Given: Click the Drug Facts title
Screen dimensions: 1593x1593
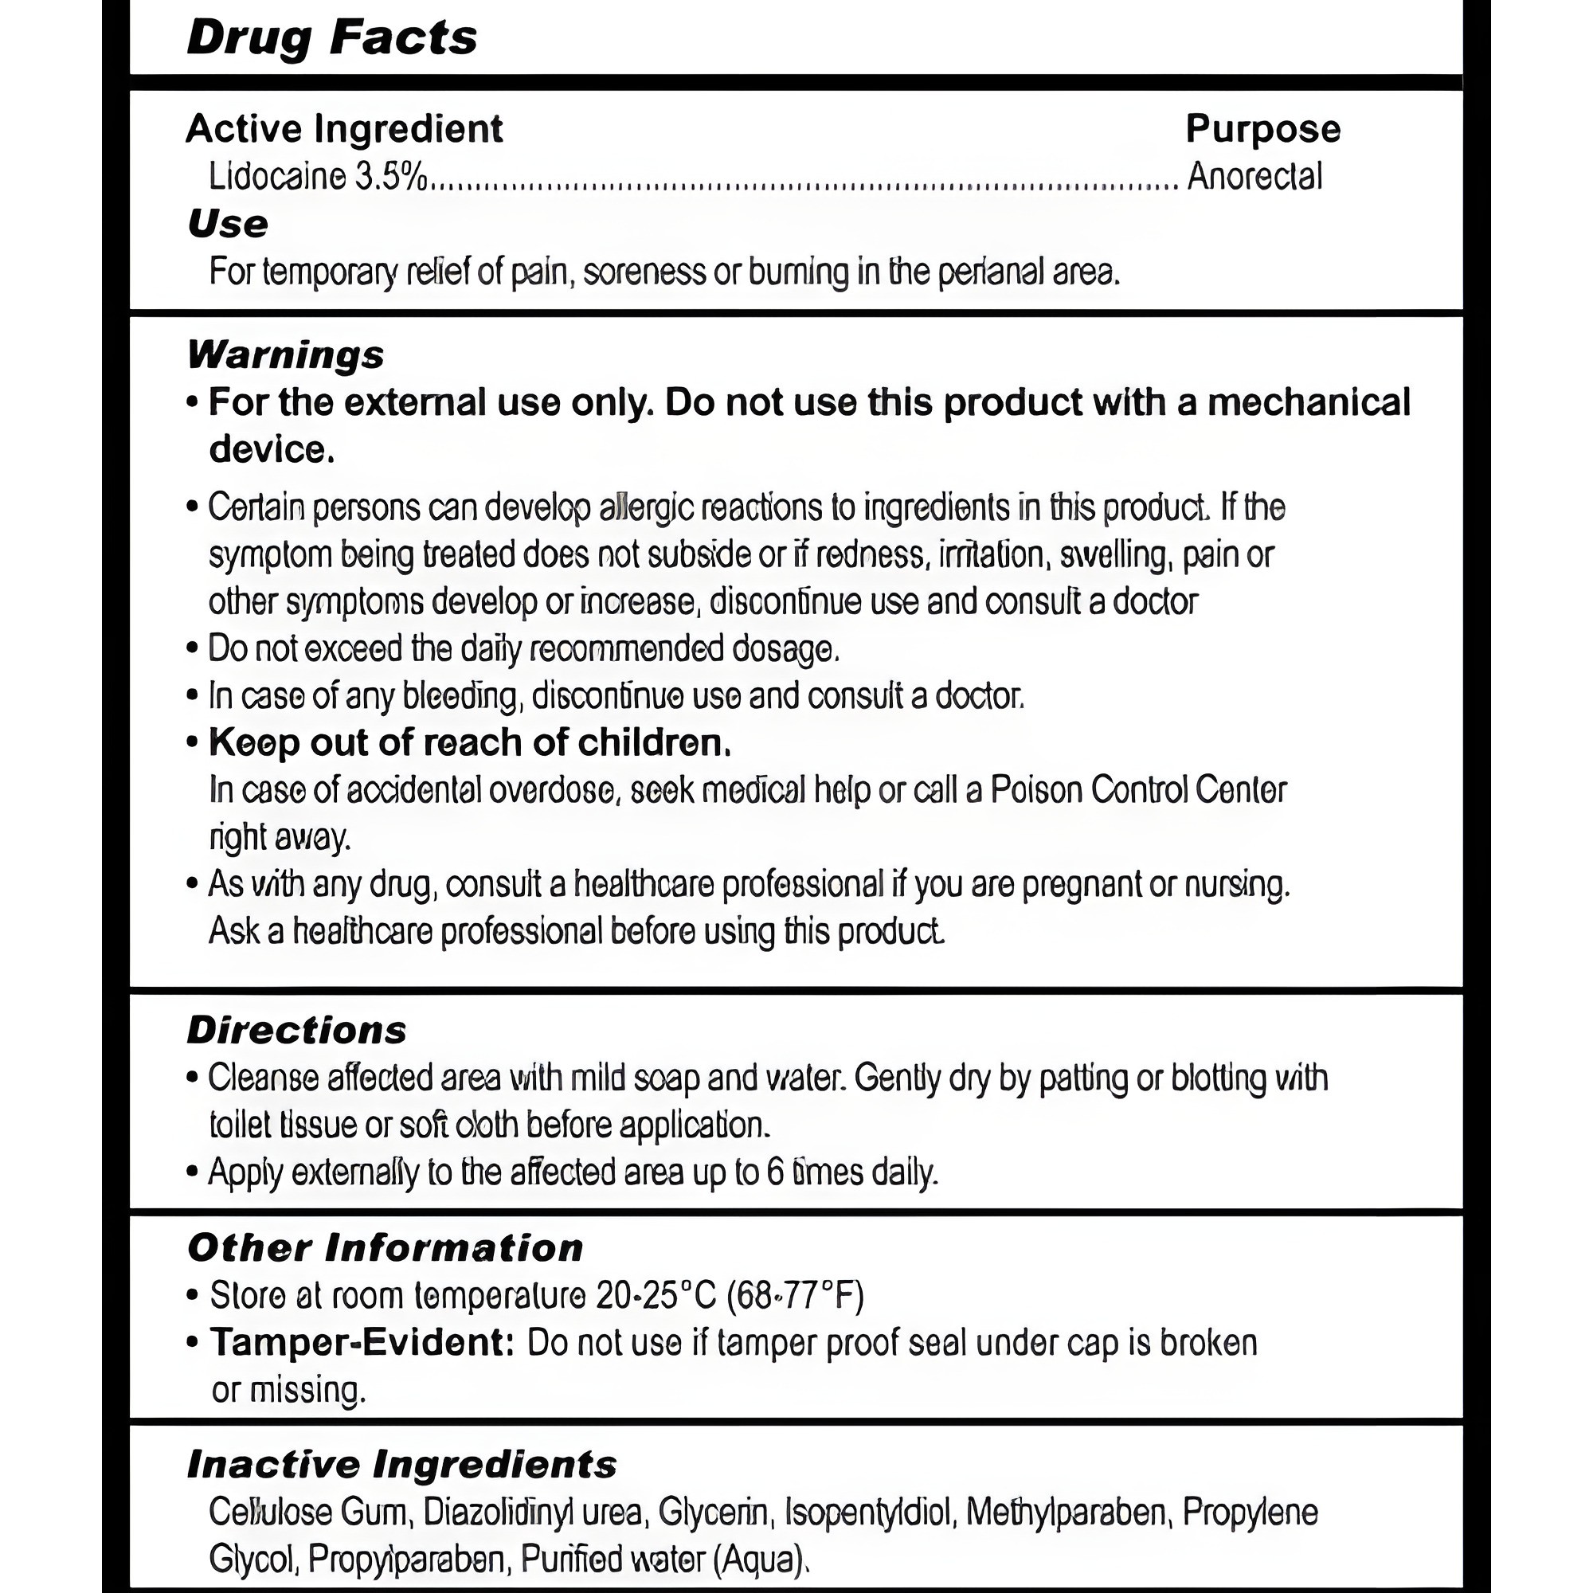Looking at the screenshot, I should tap(331, 38).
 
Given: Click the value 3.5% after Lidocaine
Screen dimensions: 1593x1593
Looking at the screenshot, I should tap(391, 177).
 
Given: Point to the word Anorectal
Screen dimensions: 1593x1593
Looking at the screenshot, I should tap(1254, 177).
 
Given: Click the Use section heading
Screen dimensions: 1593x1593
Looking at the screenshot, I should tap(228, 224).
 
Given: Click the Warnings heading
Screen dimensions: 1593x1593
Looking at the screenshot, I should tap(285, 354).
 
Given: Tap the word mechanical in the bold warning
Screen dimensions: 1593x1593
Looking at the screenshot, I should tap(1309, 402).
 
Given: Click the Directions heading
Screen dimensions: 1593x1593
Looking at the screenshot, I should tap(297, 1030).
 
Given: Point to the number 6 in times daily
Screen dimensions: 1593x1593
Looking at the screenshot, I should tap(775, 1172).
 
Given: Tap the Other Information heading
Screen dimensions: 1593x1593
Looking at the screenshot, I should tap(385, 1247).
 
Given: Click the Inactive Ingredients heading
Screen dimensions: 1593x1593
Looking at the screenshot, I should tap(401, 1465).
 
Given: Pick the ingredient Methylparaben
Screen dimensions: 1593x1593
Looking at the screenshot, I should tap(1065, 1513).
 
